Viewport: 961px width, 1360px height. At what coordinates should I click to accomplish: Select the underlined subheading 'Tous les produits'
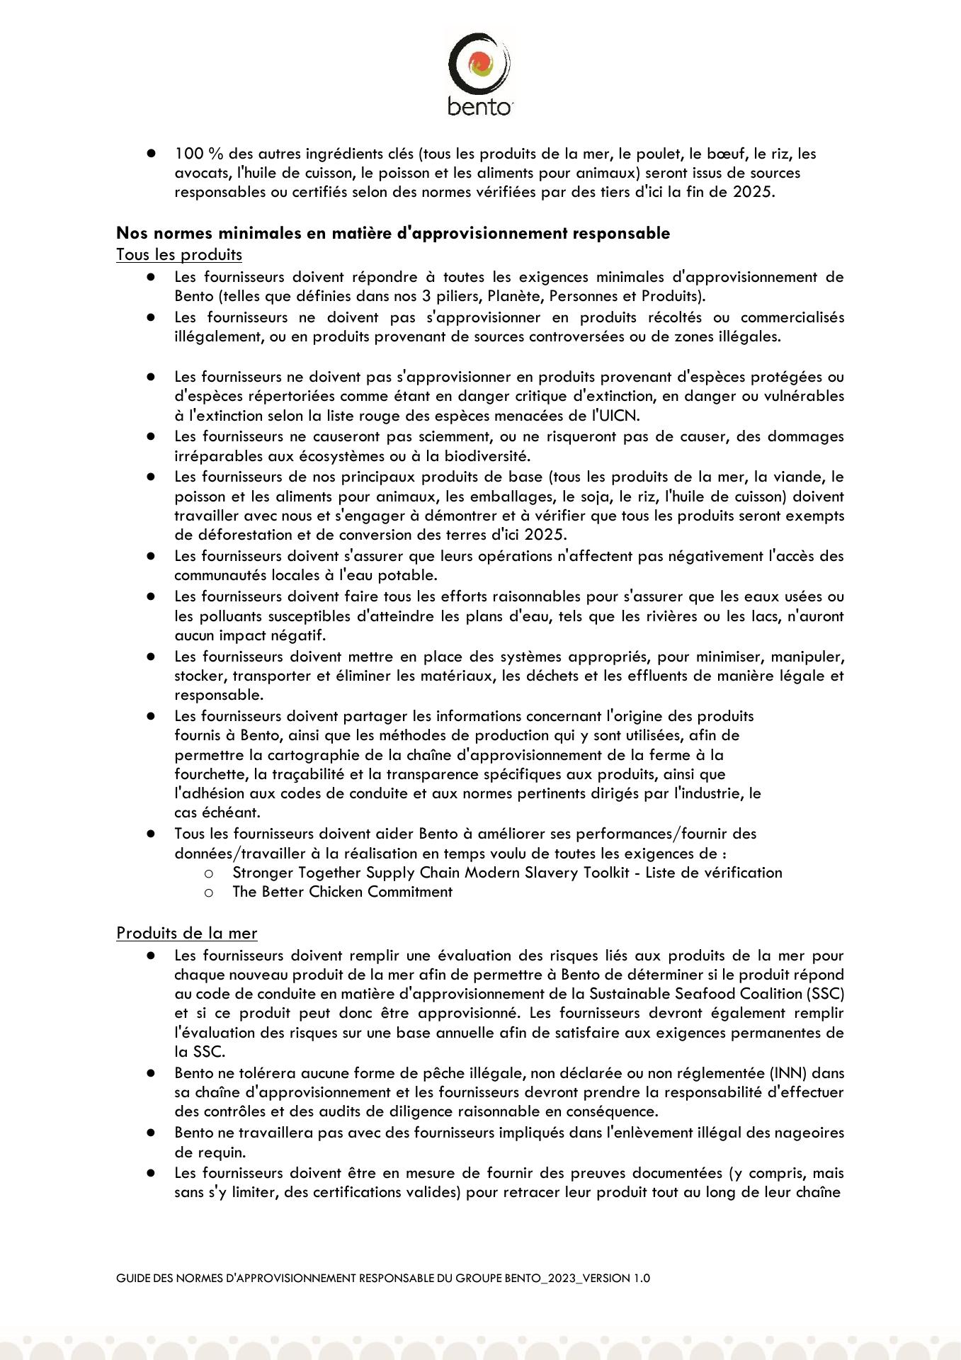tap(179, 254)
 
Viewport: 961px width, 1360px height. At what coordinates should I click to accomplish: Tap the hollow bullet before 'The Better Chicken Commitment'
tap(208, 892)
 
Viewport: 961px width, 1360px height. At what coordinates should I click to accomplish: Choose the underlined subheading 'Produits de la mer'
tap(187, 933)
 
